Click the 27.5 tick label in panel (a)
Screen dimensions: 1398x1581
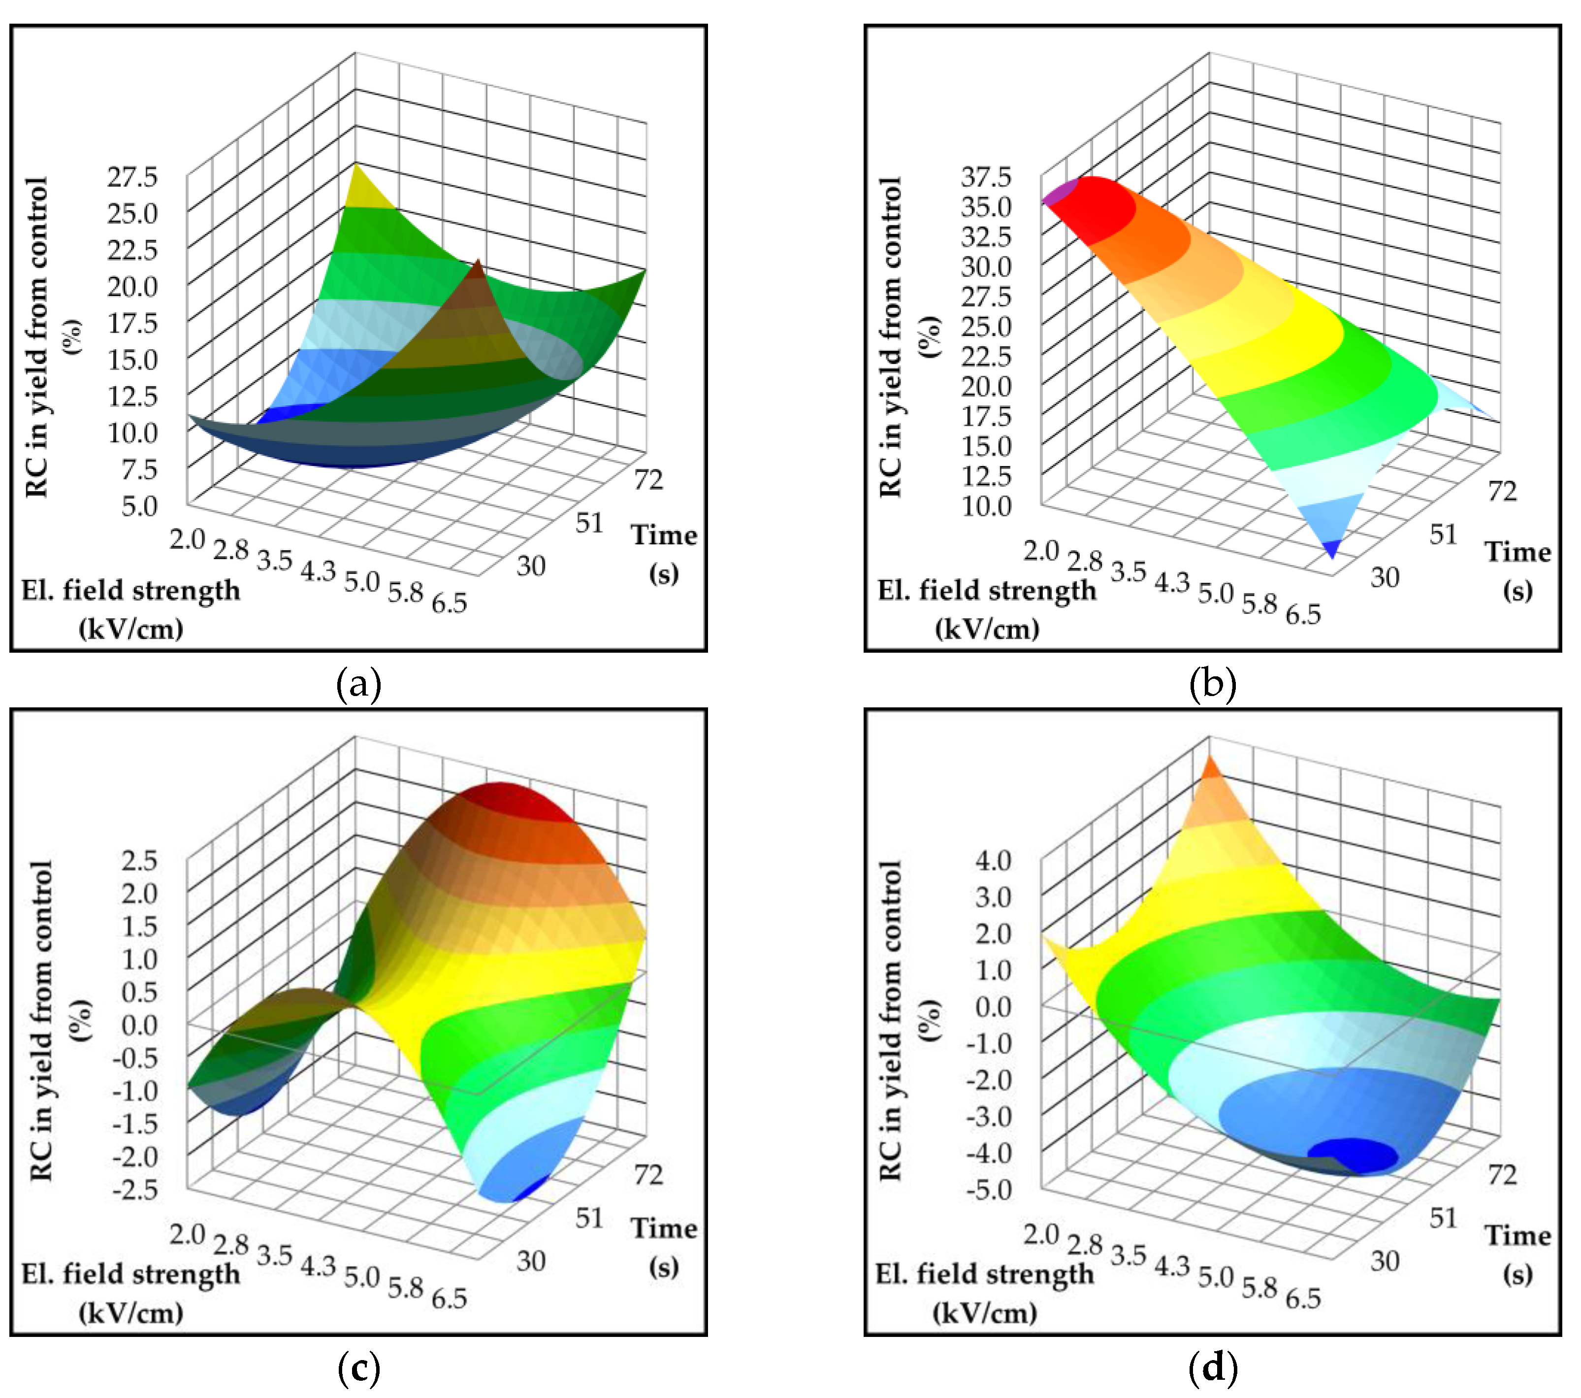132,177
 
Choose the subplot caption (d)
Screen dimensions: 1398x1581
1212,1368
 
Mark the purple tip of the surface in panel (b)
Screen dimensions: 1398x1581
1059,192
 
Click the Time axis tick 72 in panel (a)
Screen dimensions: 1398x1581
648,480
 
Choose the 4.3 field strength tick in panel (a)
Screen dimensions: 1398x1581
318,571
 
